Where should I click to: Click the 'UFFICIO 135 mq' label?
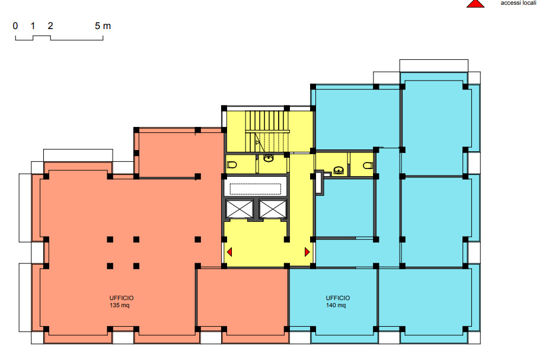[x=121, y=301]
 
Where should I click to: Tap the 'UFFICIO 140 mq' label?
[x=337, y=301]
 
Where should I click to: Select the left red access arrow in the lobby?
[x=229, y=252]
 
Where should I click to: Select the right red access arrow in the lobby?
[x=307, y=252]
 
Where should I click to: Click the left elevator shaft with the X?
[x=240, y=209]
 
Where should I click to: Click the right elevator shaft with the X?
[x=272, y=209]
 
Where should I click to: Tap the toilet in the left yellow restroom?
[x=232, y=164]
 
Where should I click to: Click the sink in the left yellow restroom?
[x=269, y=158]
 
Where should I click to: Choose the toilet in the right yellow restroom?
[x=368, y=165]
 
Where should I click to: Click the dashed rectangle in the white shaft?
[x=255, y=188]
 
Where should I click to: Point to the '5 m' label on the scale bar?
[x=103, y=26]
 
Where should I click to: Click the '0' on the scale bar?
[x=15, y=26]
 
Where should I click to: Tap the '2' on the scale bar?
[x=50, y=26]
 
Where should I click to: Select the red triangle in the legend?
[x=474, y=3]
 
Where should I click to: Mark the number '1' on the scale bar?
[x=33, y=26]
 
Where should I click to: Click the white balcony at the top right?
[x=434, y=65]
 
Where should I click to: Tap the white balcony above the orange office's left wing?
[x=78, y=155]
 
